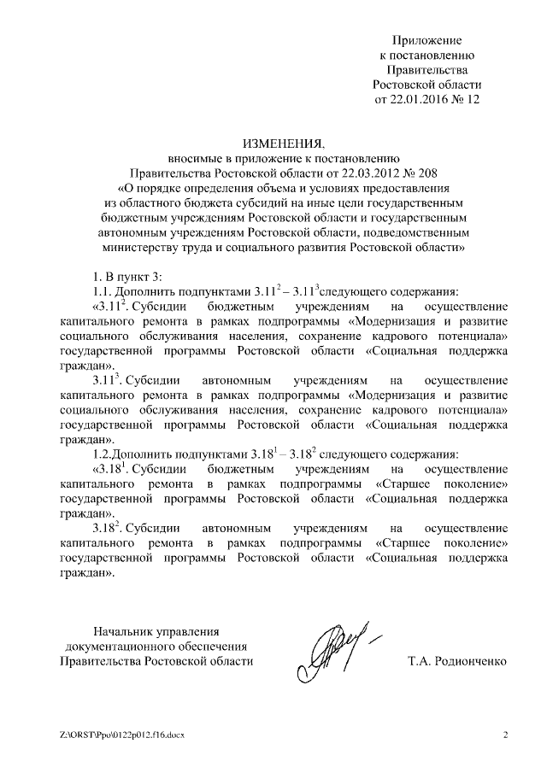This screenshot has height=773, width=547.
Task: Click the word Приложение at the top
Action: point(427,40)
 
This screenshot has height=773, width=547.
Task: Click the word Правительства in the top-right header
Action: point(427,70)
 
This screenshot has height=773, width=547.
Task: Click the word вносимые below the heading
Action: point(194,157)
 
